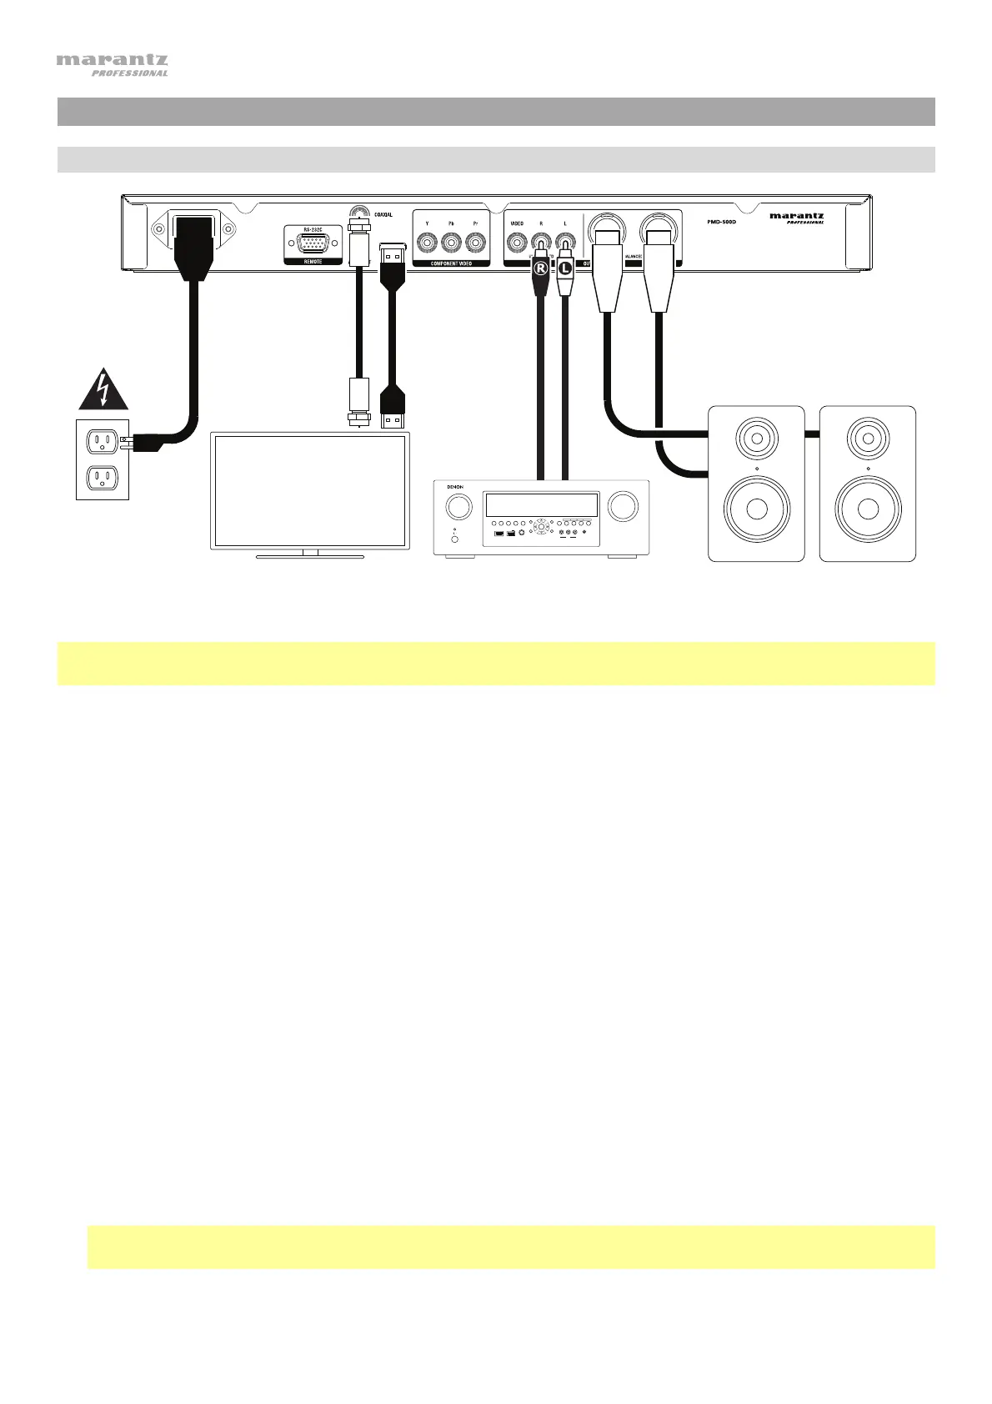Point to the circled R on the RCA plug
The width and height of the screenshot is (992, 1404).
541,268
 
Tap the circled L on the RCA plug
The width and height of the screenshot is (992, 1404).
566,268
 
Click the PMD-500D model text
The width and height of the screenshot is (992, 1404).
716,222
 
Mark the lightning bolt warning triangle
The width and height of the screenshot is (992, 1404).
103,390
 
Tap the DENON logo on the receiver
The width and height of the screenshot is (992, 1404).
455,488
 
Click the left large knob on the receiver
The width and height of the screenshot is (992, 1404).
457,506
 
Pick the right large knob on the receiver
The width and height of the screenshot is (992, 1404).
624,506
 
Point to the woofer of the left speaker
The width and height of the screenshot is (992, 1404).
757,509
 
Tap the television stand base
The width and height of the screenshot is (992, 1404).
310,554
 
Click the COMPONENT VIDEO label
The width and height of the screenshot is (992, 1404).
451,263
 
